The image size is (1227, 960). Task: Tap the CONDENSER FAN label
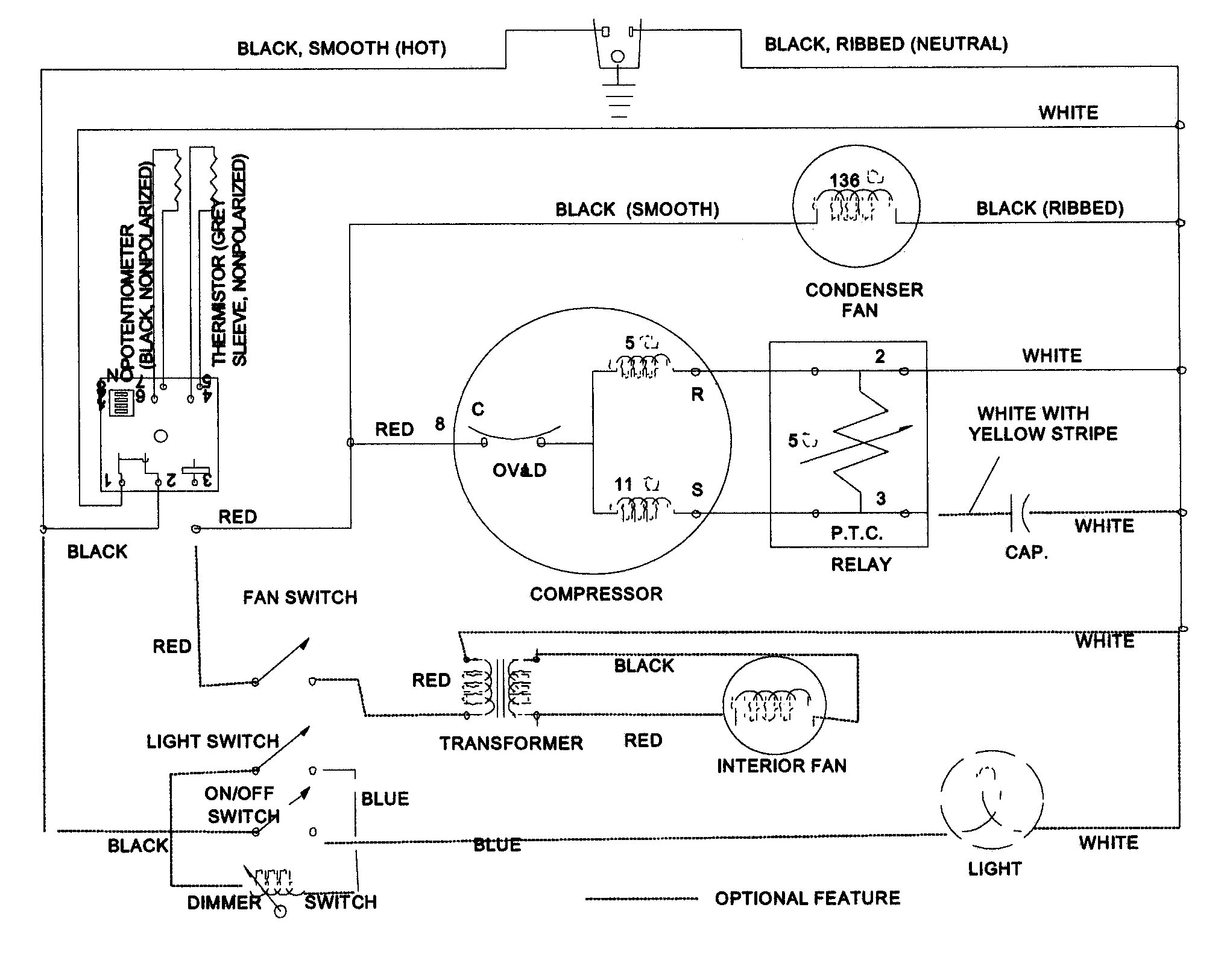coord(863,300)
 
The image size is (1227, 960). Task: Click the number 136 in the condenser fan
coord(844,180)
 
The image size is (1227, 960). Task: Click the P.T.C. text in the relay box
coord(856,533)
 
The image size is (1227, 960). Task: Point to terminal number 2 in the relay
coord(880,356)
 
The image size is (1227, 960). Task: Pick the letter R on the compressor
coord(697,395)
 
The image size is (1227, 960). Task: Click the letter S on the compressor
coord(697,490)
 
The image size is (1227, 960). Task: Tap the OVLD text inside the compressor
coord(519,470)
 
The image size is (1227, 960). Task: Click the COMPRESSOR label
coord(596,594)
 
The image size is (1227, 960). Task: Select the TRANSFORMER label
coord(511,743)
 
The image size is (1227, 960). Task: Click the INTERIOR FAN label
coord(781,766)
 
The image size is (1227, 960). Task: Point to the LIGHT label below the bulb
coord(994,869)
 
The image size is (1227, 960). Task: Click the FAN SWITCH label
coord(300,598)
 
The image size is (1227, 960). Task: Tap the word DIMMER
coord(224,903)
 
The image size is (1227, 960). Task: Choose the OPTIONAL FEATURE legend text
coord(807,898)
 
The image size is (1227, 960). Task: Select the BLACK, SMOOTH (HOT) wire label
coord(341,48)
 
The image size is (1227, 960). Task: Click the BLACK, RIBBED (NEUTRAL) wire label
coord(886,44)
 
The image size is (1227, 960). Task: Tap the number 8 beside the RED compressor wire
coord(440,424)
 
